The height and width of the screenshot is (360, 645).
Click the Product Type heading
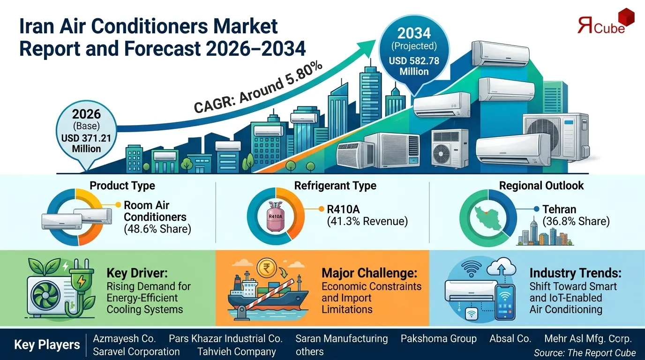click(x=122, y=186)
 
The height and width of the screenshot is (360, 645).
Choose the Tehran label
click(x=559, y=209)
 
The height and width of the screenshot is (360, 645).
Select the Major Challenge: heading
click(x=369, y=273)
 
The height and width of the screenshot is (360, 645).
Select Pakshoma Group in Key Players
click(x=438, y=338)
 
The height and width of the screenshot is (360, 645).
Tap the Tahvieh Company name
click(x=236, y=352)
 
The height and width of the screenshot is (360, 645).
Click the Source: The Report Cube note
click(x=585, y=352)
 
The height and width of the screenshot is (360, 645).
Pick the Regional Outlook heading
click(x=541, y=186)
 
